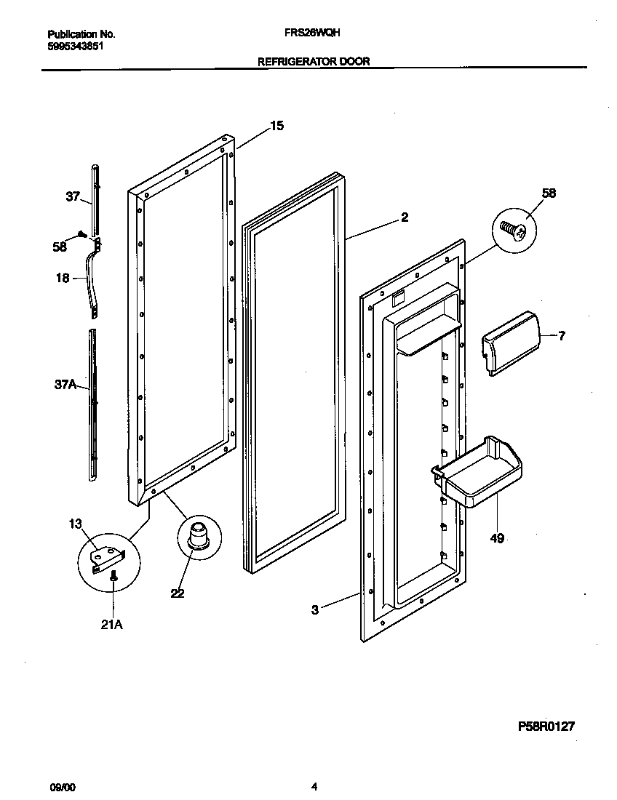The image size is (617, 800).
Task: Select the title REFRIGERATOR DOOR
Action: (x=314, y=62)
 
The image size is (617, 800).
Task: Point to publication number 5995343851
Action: (x=75, y=45)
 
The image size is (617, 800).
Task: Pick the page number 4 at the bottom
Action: (x=314, y=786)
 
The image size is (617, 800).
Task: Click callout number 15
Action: (x=276, y=126)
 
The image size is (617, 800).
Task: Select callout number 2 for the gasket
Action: (x=405, y=217)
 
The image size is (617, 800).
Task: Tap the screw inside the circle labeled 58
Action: (x=513, y=230)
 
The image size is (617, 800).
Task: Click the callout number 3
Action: (x=314, y=610)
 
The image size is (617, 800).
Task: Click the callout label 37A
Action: (x=65, y=385)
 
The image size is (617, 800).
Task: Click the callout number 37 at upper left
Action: (x=73, y=197)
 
